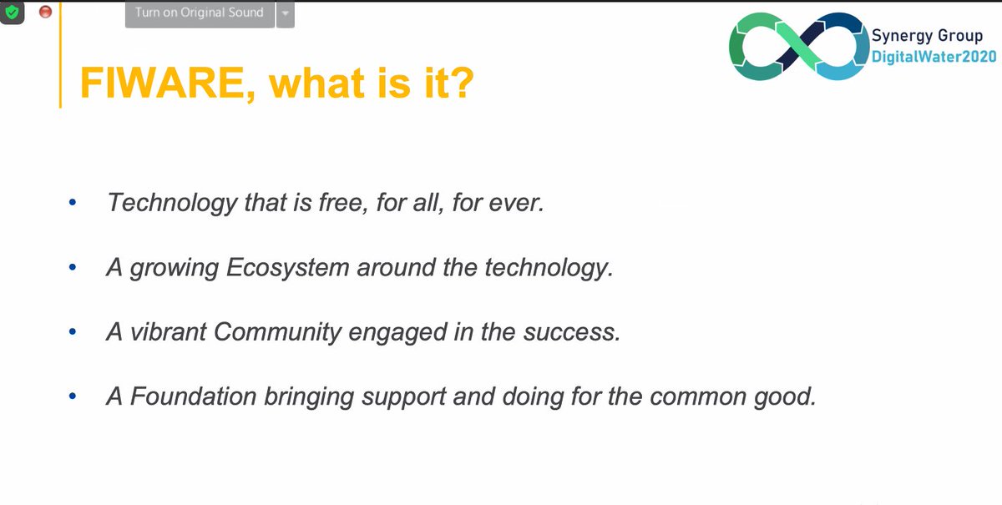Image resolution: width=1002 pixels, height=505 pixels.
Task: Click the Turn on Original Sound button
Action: (199, 13)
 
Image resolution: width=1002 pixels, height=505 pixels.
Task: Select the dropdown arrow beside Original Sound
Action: (286, 13)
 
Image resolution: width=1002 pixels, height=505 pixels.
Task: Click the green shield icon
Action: (12, 12)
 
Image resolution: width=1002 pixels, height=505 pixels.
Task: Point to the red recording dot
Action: (45, 12)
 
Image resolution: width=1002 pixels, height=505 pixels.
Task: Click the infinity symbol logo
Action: (797, 47)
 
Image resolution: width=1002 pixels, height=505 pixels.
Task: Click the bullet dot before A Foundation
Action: (73, 396)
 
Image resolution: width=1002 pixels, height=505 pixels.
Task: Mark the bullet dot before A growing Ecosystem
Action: (73, 268)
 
